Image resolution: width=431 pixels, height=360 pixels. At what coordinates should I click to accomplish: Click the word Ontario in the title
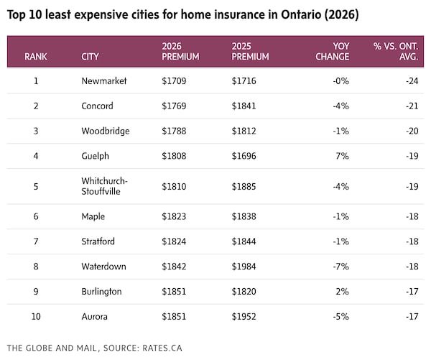tap(301, 14)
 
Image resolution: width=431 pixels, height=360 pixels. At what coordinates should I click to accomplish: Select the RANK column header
tap(36, 57)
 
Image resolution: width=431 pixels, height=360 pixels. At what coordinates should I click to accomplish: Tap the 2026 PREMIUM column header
tap(180, 52)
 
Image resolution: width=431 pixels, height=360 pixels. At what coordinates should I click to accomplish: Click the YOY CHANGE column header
tap(333, 52)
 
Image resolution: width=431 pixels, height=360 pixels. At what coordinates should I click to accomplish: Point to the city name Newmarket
tap(104, 81)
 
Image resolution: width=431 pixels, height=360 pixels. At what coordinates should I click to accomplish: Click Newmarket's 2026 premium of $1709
tap(174, 81)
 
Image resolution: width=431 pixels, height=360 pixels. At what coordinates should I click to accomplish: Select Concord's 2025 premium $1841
tap(244, 106)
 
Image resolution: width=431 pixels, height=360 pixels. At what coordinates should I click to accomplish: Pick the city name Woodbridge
tap(106, 131)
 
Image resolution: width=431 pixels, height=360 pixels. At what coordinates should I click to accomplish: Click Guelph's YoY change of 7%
tap(342, 156)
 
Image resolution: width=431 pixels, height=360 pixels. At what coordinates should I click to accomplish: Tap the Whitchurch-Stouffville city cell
tap(104, 186)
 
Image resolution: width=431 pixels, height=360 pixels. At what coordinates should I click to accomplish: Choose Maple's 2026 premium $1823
tap(174, 216)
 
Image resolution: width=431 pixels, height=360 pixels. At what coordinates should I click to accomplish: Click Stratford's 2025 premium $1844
tap(244, 241)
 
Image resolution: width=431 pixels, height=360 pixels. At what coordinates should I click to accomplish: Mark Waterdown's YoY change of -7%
tap(340, 267)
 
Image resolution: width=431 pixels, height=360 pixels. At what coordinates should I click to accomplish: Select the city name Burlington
tap(101, 292)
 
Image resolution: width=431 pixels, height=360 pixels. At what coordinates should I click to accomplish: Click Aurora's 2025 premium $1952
tap(244, 317)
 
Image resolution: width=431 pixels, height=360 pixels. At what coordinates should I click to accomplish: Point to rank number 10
tap(36, 317)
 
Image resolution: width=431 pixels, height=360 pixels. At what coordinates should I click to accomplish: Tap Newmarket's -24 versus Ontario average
tap(412, 81)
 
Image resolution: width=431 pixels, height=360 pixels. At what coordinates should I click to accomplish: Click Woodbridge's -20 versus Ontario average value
tap(412, 131)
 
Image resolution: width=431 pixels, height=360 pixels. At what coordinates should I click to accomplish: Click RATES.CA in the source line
tap(162, 349)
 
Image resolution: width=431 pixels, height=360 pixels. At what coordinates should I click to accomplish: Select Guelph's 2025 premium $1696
tap(244, 156)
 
